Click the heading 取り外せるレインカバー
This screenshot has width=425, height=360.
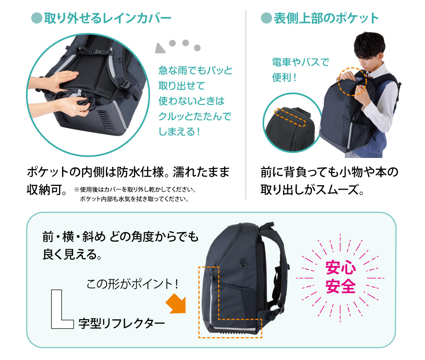[108, 18]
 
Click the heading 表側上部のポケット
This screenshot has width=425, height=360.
[326, 18]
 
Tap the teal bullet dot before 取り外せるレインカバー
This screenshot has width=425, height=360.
[37, 18]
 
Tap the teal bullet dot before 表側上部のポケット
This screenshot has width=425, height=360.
[266, 18]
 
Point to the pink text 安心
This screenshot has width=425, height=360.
[340, 268]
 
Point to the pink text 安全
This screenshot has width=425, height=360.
[340, 286]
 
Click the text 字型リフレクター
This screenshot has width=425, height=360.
[122, 323]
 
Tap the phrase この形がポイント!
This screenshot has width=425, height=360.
[132, 284]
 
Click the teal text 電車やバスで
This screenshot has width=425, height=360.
[300, 62]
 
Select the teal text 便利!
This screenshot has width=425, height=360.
[284, 77]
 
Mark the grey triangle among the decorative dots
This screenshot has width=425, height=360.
[160, 48]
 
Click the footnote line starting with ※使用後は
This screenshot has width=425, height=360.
[135, 189]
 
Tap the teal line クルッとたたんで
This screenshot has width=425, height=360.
[195, 116]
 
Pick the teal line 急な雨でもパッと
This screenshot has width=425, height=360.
[195, 70]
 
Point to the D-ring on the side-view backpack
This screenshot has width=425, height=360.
[243, 262]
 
